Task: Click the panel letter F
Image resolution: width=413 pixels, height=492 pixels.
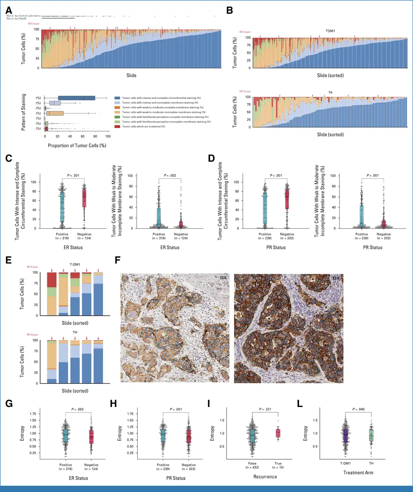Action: pyautogui.click(x=118, y=260)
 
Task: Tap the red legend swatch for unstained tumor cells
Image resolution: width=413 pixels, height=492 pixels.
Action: pyautogui.click(x=117, y=126)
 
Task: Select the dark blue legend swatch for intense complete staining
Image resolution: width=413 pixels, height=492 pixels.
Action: pyautogui.click(x=117, y=98)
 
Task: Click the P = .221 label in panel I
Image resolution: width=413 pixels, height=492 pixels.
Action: pyautogui.click(x=265, y=409)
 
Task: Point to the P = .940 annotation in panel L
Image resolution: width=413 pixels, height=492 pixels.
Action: pyautogui.click(x=358, y=409)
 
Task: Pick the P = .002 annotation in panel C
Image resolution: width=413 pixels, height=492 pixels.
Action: pyautogui.click(x=170, y=176)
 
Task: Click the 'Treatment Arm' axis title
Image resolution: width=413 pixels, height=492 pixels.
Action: pyautogui.click(x=358, y=473)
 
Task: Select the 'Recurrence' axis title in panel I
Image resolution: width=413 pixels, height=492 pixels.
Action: pyautogui.click(x=265, y=477)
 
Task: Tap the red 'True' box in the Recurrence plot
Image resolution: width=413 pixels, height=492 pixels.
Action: pyautogui.click(x=278, y=433)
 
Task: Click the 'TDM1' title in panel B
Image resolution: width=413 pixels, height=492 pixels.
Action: pyautogui.click(x=330, y=31)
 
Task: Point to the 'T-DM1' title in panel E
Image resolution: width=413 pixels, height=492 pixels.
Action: pyautogui.click(x=75, y=264)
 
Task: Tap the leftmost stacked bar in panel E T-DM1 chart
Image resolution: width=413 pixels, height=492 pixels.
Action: pyautogui.click(x=52, y=294)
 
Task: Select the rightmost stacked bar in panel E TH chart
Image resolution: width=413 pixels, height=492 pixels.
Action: pyautogui.click(x=98, y=362)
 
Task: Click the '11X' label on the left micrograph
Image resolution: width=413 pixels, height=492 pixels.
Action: pyautogui.click(x=223, y=278)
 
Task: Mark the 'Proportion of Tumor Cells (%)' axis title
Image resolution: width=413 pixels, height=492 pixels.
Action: pyautogui.click(x=77, y=146)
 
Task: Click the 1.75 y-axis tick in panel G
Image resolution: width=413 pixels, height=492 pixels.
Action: pyautogui.click(x=33, y=414)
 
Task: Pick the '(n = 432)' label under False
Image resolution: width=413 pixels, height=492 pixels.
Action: pyautogui.click(x=252, y=467)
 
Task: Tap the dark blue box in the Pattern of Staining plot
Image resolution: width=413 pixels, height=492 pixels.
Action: pyautogui.click(x=76, y=98)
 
